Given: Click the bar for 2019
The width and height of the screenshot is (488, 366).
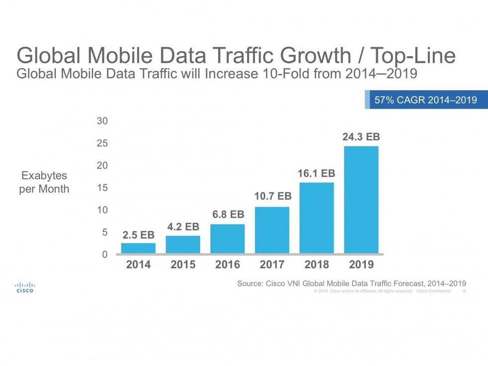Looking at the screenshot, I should click(361, 199).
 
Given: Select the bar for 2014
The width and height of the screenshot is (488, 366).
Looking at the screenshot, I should click(138, 248).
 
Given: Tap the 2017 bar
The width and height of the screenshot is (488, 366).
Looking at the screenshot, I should click(272, 230).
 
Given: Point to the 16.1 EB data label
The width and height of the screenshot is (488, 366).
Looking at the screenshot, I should click(316, 174).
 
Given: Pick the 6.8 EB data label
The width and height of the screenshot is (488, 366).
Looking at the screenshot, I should click(228, 215).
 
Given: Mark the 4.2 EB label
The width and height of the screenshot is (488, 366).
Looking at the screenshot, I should click(183, 227).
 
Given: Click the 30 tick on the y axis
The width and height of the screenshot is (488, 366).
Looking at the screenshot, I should click(102, 121).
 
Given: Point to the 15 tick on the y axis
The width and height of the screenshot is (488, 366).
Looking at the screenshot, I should click(102, 188).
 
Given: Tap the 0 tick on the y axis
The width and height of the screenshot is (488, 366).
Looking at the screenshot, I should click(105, 254).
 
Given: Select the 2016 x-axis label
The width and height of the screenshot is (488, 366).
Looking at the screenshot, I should click(227, 264).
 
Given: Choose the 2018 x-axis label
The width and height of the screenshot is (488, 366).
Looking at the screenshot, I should click(316, 264).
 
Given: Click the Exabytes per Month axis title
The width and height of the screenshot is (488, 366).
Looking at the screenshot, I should click(44, 182).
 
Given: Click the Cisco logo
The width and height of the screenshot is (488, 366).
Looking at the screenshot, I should click(25, 287).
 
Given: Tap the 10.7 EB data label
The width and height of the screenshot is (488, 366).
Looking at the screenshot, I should click(272, 196).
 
